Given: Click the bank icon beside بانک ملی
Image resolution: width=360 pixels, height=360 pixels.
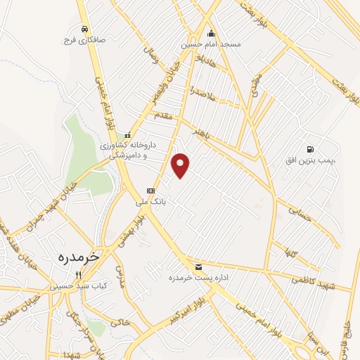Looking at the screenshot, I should tap(150, 191).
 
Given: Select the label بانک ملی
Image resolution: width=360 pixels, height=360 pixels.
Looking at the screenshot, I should tap(150, 200).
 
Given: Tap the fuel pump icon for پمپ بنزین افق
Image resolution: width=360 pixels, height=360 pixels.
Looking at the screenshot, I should tap(311, 149).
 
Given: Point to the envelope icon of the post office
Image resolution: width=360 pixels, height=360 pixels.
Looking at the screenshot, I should tap(200, 266).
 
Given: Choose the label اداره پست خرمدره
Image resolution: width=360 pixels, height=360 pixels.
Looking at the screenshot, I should tap(190, 278).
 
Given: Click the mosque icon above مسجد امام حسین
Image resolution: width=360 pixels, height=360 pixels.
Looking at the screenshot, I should tap(211, 32).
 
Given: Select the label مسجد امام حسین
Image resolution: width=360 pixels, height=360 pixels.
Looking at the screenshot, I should tap(211, 44).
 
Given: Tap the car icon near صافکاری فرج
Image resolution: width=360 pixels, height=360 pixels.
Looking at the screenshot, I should tap(84, 29).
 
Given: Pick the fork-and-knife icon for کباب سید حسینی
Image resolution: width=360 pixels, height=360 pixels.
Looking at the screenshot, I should tap(78, 275).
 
